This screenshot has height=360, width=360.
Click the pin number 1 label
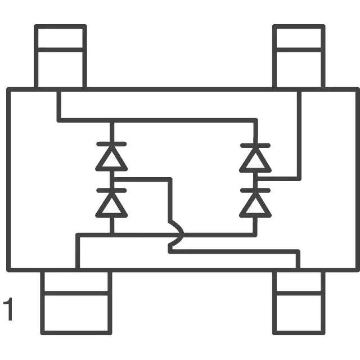pyautogui.click(x=7, y=310)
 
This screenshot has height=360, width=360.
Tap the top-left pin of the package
pyautogui.click(x=60, y=56)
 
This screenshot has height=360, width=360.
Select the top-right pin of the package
pyautogui.click(x=299, y=56)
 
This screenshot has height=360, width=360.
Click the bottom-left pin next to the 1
pyautogui.click(x=75, y=303)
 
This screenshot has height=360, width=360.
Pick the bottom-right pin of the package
pyautogui.click(x=299, y=303)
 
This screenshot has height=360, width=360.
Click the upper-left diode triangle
pyautogui.click(x=111, y=160)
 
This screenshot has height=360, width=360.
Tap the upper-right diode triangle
pyautogui.click(x=255, y=160)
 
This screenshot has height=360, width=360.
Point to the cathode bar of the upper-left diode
pyautogui.click(x=111, y=145)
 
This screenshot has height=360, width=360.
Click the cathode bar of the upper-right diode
pyautogui.click(x=255, y=145)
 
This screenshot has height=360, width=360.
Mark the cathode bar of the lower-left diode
pyautogui.click(x=111, y=191)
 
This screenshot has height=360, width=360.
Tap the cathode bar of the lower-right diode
pyautogui.click(x=255, y=191)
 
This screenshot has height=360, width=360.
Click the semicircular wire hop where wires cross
pyautogui.click(x=177, y=235)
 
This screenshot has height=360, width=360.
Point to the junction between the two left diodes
pyautogui.click(x=111, y=179)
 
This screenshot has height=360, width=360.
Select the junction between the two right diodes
pyautogui.click(x=255, y=179)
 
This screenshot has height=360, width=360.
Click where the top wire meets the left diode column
pyautogui.click(x=111, y=120)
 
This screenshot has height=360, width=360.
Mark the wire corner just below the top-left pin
pyautogui.click(x=58, y=120)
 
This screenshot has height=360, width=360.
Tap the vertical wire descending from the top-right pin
pyautogui.click(x=299, y=135)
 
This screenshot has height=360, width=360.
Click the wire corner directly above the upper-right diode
pyautogui.click(x=255, y=120)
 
